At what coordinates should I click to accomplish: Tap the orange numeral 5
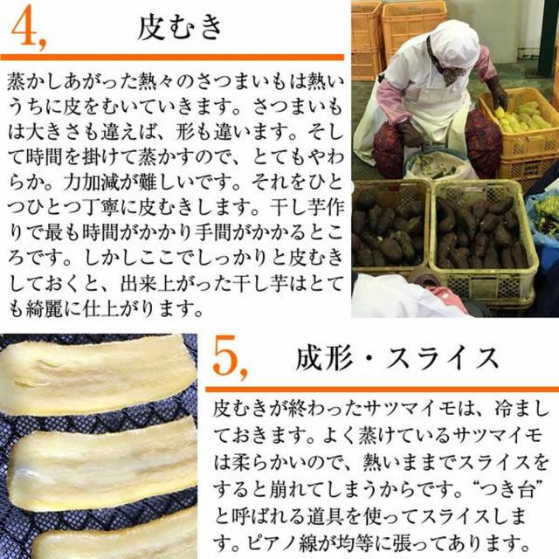tap(229, 359)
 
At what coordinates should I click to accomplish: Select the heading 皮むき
tap(181, 27)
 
